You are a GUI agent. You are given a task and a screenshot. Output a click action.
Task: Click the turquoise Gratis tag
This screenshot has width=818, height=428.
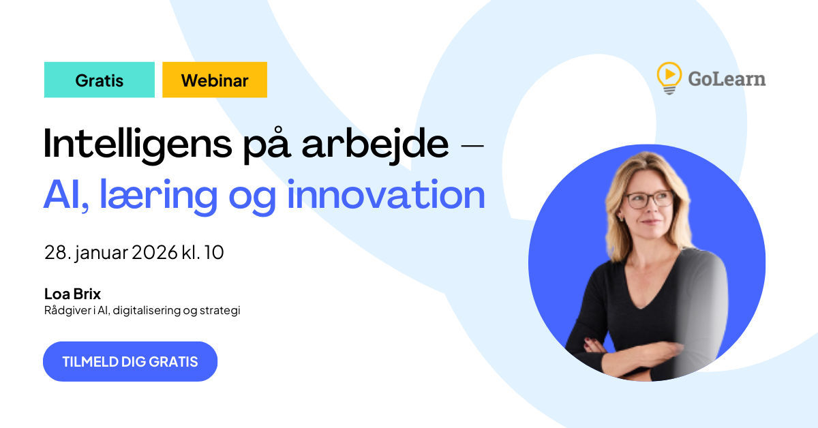100,80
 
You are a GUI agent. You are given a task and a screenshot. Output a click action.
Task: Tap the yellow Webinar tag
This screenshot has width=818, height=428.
215,80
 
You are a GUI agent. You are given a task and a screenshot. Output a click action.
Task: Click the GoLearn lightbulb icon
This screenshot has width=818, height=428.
669,77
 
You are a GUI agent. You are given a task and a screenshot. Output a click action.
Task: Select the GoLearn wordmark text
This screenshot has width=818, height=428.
726,79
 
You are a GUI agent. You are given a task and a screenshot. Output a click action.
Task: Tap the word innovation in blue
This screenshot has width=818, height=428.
386,195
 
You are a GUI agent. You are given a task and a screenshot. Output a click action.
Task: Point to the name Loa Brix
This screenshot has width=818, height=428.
72,294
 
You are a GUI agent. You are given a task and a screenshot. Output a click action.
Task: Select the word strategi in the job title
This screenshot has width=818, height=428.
220,311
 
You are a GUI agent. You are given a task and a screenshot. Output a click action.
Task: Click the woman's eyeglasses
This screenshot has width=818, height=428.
648,200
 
